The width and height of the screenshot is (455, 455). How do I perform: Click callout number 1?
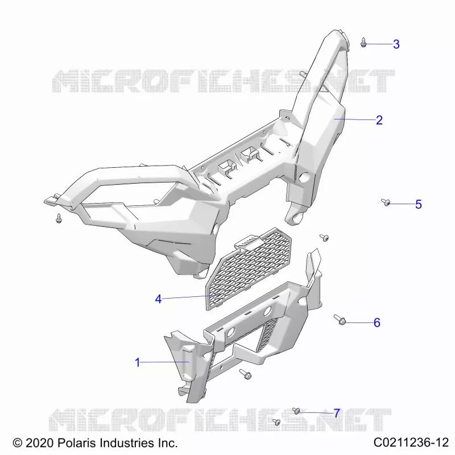tap(138, 362)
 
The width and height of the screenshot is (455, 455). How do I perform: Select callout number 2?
tap(379, 120)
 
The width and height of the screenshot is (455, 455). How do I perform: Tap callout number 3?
tap(396, 44)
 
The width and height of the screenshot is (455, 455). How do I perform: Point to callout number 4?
tap(158, 299)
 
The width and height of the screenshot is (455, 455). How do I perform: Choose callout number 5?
tap(419, 204)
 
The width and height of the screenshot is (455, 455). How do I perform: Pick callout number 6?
tap(377, 322)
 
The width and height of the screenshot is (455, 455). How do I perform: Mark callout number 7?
tap(337, 413)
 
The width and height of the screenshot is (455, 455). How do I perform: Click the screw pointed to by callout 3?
tap(363, 42)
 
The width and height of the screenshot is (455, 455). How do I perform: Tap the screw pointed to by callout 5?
tap(386, 202)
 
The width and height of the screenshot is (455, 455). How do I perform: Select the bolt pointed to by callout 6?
tap(340, 320)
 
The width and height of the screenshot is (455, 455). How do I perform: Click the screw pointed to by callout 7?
tap(296, 411)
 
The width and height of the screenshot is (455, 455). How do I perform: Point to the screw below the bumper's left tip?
tap(59, 218)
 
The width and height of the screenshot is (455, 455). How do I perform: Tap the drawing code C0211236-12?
tap(411, 442)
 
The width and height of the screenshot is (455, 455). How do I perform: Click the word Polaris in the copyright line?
tap(77, 443)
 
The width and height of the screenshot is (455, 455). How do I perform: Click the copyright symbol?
tap(18, 443)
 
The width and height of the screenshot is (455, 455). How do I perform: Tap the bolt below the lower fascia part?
tap(246, 374)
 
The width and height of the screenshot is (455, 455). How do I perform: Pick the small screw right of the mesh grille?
tap(324, 238)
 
